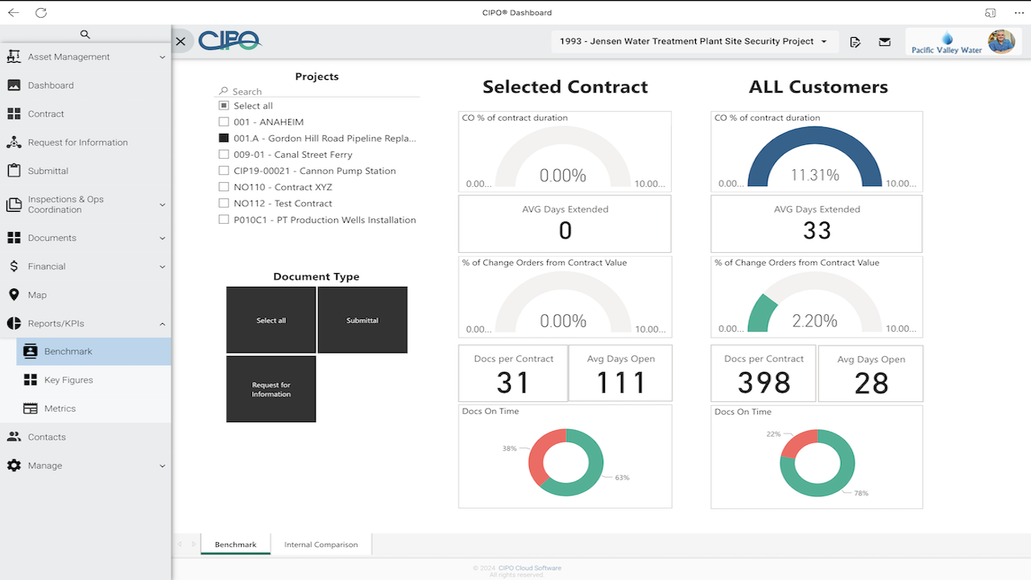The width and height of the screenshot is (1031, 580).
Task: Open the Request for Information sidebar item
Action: click(77, 143)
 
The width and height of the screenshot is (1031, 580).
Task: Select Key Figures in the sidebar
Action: click(68, 380)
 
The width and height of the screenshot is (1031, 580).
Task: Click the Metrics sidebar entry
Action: click(60, 408)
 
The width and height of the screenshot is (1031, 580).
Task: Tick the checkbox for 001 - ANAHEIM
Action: click(224, 122)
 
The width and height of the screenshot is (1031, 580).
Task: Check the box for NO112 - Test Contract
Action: click(224, 204)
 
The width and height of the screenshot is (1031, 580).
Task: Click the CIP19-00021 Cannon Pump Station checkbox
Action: click(224, 171)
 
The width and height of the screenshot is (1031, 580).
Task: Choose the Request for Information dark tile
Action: click(271, 390)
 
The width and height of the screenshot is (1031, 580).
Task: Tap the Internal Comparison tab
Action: click(321, 545)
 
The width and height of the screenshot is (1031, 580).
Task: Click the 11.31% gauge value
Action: click(814, 176)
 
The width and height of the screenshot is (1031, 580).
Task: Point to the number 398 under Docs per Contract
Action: click(764, 383)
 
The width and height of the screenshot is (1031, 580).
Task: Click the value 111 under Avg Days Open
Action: click(620, 383)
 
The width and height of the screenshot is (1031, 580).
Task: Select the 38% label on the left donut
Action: click(509, 449)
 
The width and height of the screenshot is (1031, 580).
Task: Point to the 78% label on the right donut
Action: click(861, 493)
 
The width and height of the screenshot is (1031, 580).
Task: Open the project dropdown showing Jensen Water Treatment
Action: click(694, 42)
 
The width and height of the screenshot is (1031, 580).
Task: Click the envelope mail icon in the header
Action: click(884, 42)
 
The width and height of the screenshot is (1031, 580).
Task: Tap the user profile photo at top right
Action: click(1001, 41)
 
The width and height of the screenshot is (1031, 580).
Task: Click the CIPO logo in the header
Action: click(230, 41)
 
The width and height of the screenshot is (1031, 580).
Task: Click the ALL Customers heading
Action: click(818, 87)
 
